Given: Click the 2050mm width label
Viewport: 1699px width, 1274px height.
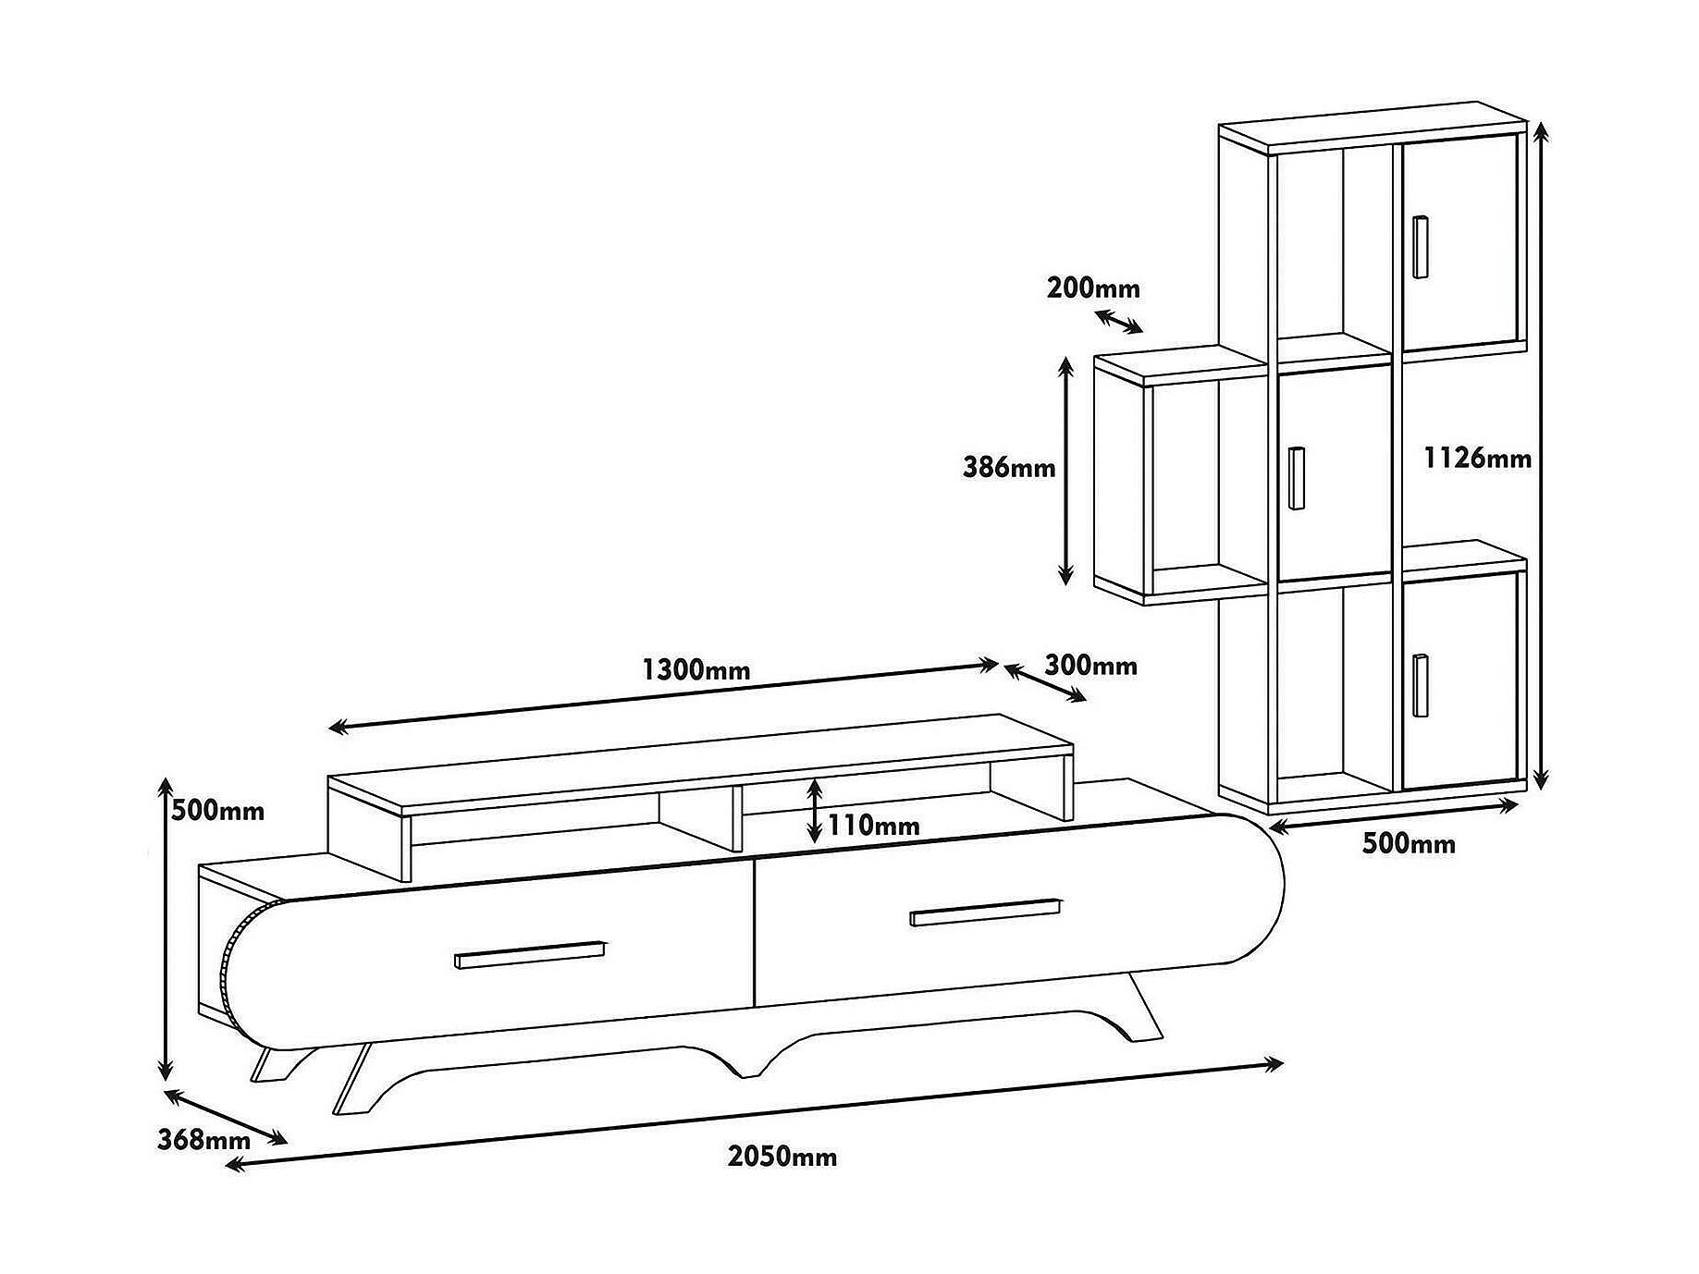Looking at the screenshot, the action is pyautogui.click(x=782, y=1157).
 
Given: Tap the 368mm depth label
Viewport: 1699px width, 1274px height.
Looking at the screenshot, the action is pyautogui.click(x=203, y=1140).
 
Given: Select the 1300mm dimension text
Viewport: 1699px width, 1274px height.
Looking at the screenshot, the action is pyautogui.click(x=696, y=669).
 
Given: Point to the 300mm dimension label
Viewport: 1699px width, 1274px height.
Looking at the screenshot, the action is pyautogui.click(x=1091, y=665).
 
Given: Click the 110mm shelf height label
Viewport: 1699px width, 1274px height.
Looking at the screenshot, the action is pyautogui.click(x=874, y=826).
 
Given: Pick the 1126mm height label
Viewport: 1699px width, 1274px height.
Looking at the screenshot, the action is pyautogui.click(x=1478, y=458).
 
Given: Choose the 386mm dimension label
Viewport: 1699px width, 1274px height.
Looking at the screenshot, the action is pyautogui.click(x=1009, y=467).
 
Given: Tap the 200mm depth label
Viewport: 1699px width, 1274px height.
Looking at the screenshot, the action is pyautogui.click(x=1094, y=288).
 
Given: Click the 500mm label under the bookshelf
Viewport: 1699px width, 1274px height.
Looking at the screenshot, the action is pyautogui.click(x=1409, y=843).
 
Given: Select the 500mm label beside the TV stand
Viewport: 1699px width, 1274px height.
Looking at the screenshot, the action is pyautogui.click(x=218, y=811).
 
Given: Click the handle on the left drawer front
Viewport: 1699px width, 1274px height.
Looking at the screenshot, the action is pyautogui.click(x=530, y=956).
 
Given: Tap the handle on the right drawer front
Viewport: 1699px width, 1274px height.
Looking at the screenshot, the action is pyautogui.click(x=986, y=912).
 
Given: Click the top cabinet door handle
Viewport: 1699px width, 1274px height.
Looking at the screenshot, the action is pyautogui.click(x=1421, y=246).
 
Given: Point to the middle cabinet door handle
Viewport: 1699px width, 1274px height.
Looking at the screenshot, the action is pyautogui.click(x=1297, y=477).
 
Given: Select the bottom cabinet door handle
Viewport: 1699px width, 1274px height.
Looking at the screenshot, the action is pyautogui.click(x=1421, y=685).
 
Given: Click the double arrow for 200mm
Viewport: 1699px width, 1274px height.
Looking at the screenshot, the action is pyautogui.click(x=1119, y=321).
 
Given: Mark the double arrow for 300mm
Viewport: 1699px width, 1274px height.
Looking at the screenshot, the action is pyautogui.click(x=1045, y=683).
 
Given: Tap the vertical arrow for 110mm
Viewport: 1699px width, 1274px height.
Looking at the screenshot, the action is pyautogui.click(x=814, y=810).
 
